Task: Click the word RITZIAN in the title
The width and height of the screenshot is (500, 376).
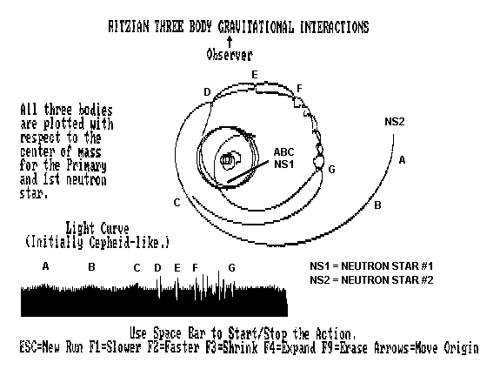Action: pyautogui.click(x=129, y=27)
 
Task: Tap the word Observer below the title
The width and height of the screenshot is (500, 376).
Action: pyautogui.click(x=230, y=55)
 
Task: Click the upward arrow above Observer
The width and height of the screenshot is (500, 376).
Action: pyautogui.click(x=230, y=42)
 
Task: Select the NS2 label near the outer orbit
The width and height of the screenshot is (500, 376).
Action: pyautogui.click(x=395, y=122)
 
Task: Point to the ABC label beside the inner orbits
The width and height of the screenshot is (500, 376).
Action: pyautogui.click(x=283, y=152)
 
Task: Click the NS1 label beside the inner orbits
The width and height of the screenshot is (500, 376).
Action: pyautogui.click(x=283, y=164)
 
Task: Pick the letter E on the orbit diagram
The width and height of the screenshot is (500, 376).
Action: pyautogui.click(x=255, y=75)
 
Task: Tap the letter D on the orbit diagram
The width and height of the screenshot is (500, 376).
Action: pyautogui.click(x=207, y=92)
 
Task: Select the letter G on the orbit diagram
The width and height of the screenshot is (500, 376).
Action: pyautogui.click(x=331, y=170)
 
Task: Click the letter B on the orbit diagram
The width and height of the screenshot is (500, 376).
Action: pyautogui.click(x=377, y=205)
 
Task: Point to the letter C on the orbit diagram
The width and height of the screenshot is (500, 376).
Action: pyautogui.click(x=177, y=203)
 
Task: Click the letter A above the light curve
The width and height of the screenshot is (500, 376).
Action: pyautogui.click(x=45, y=265)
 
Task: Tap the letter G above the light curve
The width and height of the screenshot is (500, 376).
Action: pyautogui.click(x=232, y=268)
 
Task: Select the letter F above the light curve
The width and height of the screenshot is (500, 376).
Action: pyautogui.click(x=195, y=268)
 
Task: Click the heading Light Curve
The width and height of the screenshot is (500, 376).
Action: pyautogui.click(x=97, y=229)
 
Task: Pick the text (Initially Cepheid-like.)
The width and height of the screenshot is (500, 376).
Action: pyautogui.click(x=97, y=242)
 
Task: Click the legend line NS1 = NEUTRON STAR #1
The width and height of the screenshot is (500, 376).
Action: pyautogui.click(x=371, y=265)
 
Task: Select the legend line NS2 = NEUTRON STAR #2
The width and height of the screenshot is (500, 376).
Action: pyautogui.click(x=371, y=280)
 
